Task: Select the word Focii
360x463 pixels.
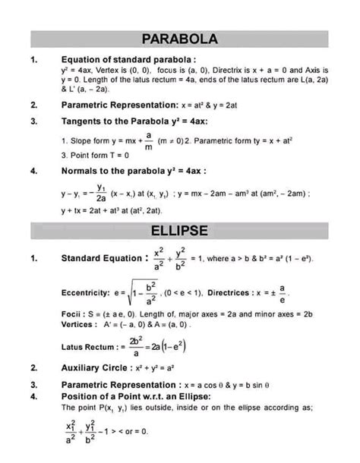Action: [x=71, y=313]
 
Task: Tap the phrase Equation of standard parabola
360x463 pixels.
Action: [x=121, y=57]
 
